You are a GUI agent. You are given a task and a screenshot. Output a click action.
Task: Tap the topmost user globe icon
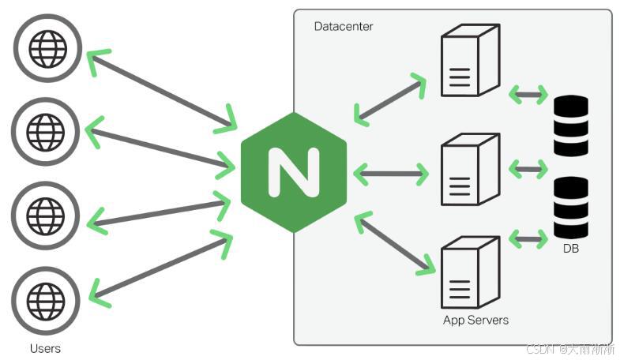click(47, 48)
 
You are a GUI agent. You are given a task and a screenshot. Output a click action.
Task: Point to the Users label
click(45, 348)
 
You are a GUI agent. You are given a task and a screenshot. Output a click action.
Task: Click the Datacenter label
click(344, 27)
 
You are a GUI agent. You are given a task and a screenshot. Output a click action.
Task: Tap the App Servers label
click(475, 321)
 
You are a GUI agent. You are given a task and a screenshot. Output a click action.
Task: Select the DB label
click(571, 249)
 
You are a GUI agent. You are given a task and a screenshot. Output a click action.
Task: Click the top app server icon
click(469, 60)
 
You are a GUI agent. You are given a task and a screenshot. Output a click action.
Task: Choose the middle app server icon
click(469, 169)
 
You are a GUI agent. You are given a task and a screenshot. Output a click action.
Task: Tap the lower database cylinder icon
click(571, 208)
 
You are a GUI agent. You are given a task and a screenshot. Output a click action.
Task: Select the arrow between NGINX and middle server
click(391, 172)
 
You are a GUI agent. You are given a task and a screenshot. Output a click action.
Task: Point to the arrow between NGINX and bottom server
click(396, 242)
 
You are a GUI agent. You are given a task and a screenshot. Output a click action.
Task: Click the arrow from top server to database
click(528, 96)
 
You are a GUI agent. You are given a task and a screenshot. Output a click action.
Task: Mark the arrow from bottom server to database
click(528, 237)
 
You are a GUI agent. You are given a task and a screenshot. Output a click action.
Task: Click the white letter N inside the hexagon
click(294, 172)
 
